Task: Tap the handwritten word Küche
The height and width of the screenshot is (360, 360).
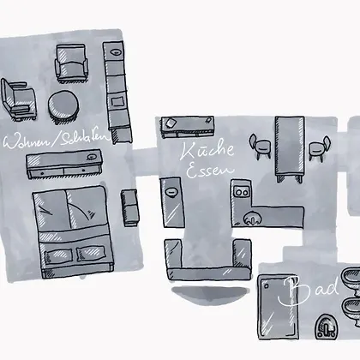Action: click(207, 151)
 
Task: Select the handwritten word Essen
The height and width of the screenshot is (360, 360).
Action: click(210, 169)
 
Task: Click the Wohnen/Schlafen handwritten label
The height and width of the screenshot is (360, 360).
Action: click(57, 139)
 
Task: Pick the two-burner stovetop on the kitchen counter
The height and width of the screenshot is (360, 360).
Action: click(242, 192)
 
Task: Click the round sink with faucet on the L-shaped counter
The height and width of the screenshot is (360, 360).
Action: click(252, 219)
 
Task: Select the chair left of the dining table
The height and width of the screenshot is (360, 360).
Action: click(261, 146)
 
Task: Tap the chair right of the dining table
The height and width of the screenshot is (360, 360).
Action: click(320, 148)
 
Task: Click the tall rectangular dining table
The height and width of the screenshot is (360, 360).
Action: click(289, 148)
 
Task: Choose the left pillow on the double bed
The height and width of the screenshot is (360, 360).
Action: click(58, 255)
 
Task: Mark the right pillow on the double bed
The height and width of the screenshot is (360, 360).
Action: click(91, 253)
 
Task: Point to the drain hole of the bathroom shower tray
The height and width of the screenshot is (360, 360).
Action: click(267, 285)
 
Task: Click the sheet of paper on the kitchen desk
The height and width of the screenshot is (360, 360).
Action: click(171, 123)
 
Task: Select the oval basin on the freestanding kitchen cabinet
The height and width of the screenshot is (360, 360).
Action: click(171, 192)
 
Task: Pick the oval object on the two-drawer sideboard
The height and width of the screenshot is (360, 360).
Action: click(91, 157)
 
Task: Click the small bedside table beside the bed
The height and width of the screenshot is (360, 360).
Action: click(129, 207)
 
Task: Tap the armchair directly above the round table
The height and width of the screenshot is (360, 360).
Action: click(71, 63)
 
